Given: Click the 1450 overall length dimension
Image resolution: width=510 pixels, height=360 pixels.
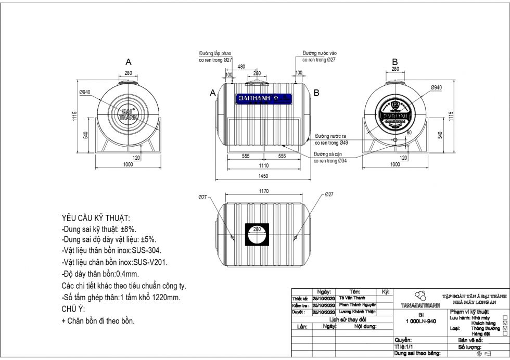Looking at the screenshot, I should pos(264,176).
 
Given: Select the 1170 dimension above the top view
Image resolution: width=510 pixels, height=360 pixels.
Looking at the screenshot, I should pos(264,191).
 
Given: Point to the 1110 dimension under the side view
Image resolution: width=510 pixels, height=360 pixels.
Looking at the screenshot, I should pos(264,165).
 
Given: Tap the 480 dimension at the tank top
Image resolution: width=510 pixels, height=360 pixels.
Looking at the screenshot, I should pos(241,67).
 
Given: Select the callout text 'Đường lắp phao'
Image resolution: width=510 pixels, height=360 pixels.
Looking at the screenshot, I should pos(215,54).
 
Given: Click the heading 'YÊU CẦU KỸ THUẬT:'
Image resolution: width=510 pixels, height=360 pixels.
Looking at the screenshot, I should pos(96,218).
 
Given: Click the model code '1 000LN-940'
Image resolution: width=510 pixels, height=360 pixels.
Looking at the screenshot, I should pos(420,321).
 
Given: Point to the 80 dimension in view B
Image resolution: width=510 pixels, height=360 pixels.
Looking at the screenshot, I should pos(409,133).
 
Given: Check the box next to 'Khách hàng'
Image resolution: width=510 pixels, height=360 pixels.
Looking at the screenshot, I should pos(505,323).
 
